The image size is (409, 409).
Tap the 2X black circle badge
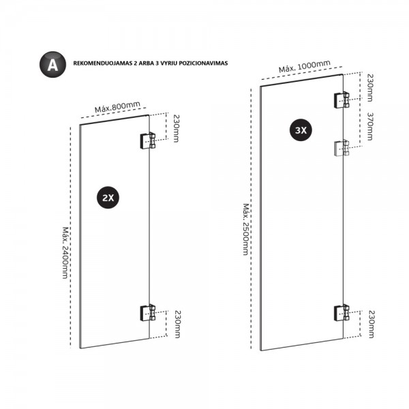coord(108,198)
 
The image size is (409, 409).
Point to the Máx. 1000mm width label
coord(305,67)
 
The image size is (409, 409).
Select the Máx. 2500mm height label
coord(246,229)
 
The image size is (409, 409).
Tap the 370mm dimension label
coord(371,126)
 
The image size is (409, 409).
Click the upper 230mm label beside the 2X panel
coord(176,128)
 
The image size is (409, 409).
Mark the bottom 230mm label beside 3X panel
coord(371,324)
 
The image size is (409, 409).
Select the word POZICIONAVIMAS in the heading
coord(199,64)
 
